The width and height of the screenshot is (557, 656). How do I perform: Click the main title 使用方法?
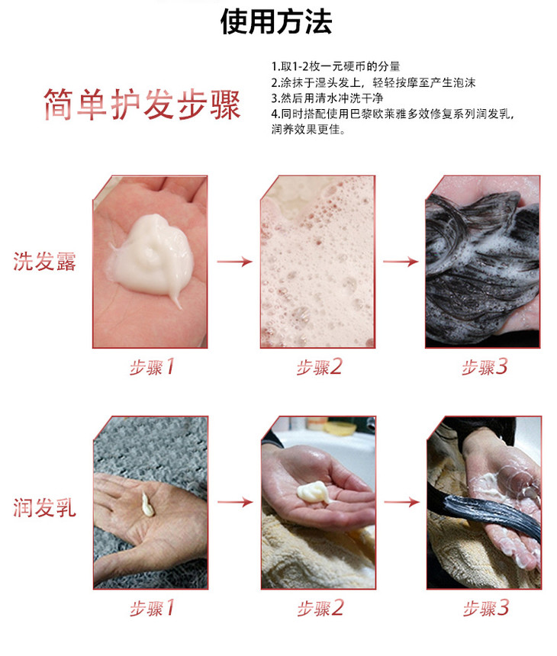point(276,21)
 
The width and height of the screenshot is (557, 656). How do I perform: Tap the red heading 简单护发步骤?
point(142,105)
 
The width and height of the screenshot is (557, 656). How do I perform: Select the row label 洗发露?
point(44,262)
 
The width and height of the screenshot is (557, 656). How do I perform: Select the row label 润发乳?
point(44,508)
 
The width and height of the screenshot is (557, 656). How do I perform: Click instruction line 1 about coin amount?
point(336,66)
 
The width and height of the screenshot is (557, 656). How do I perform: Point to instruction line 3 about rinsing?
point(327,98)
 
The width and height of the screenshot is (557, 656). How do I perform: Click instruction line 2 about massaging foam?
point(373,82)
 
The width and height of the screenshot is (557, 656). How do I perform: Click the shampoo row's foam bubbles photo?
point(317,262)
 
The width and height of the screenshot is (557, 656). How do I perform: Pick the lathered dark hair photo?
point(482,262)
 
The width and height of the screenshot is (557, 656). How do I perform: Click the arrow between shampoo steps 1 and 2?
point(235,262)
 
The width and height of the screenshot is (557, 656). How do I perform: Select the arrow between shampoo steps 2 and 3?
point(401,262)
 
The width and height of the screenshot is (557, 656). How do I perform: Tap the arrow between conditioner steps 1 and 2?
point(235,502)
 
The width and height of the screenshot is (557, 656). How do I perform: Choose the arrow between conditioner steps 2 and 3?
point(401,502)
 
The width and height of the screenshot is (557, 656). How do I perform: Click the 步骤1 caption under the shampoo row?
point(152,368)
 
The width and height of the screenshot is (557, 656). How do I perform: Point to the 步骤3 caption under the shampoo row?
point(485,368)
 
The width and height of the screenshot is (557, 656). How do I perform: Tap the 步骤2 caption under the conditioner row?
point(320,608)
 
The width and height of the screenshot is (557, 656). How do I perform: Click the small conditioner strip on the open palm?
point(147,504)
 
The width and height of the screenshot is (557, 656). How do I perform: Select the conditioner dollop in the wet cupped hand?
point(313,491)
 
